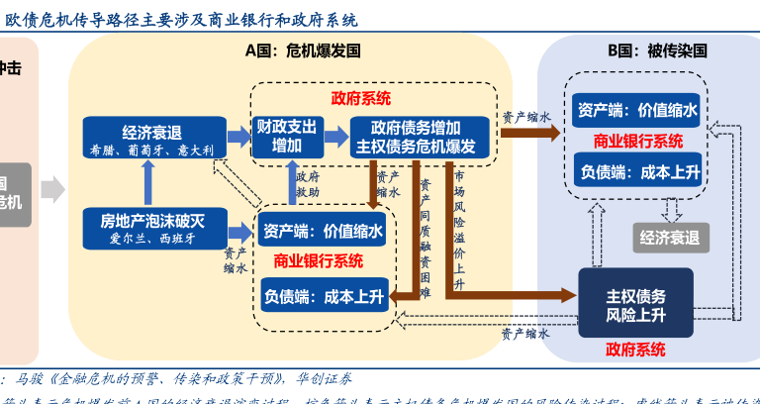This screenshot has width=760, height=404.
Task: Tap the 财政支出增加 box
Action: coord(287,137)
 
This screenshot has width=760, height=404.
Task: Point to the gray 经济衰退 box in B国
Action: coord(670,238)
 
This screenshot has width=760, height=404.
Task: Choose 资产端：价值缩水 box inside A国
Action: coord(322,232)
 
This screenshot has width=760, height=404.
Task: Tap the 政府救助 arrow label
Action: coord(308,185)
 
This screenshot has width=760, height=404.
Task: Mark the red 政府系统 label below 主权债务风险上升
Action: coord(635,349)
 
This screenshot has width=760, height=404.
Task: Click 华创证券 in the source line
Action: coord(322,378)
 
